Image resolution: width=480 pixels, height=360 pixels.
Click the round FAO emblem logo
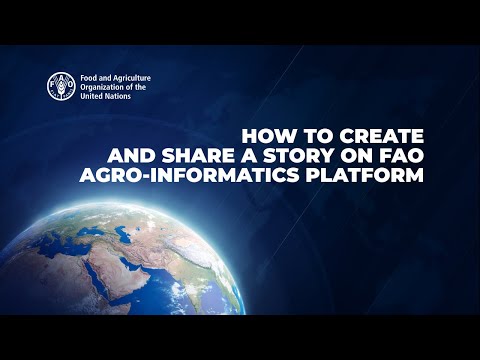pyautogui.click(x=62, y=86)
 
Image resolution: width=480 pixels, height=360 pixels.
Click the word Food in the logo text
pyautogui.click(x=92, y=77)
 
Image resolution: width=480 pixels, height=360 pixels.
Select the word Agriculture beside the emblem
pyautogui.click(x=137, y=77)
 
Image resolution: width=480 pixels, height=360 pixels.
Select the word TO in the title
pyautogui.click(x=307, y=136)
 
